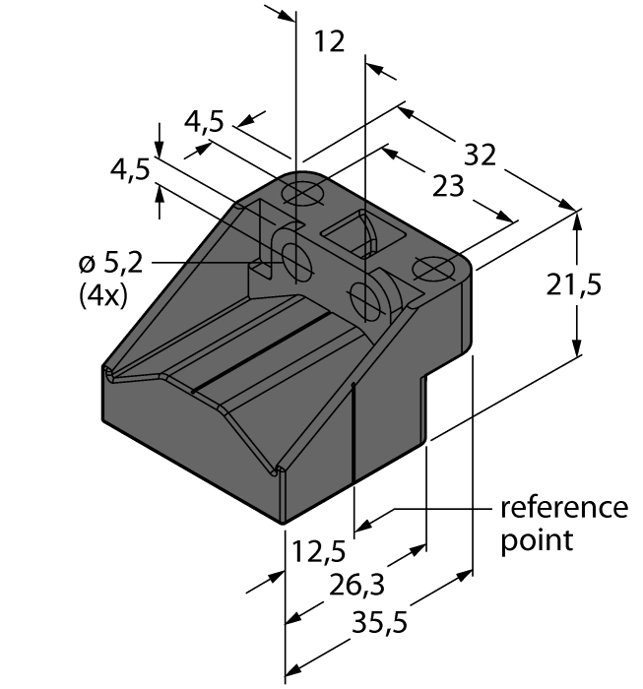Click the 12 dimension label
pos(329,41)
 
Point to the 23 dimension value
pos(448,184)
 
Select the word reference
pos(564,508)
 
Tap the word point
pos(538,540)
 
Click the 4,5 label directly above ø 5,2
pos(130,170)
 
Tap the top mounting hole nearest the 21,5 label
pos(434,267)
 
